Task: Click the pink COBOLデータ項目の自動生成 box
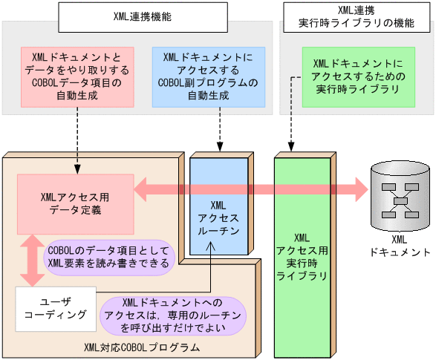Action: click(x=77, y=76)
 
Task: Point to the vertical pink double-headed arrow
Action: click(x=32, y=260)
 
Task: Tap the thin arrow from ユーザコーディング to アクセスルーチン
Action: click(x=211, y=272)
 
